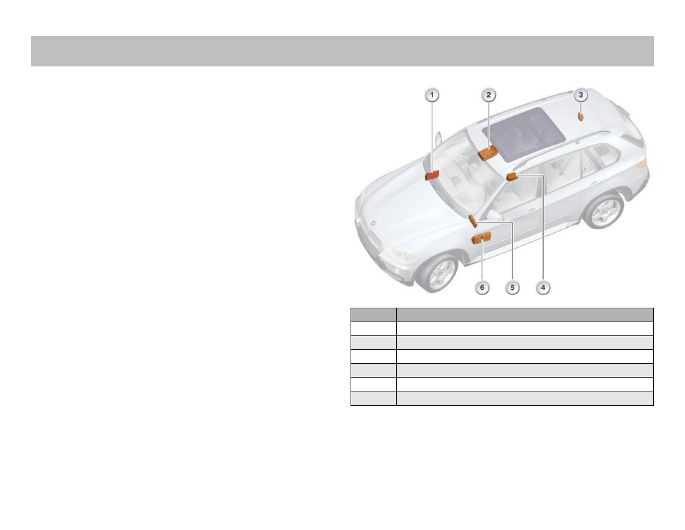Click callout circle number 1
click(432, 95)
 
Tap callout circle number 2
click(488, 95)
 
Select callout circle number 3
click(581, 95)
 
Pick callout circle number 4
click(543, 288)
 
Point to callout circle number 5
click(513, 288)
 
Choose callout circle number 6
click(482, 288)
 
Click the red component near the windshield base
click(432, 176)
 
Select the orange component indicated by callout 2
click(488, 153)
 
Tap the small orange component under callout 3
click(581, 116)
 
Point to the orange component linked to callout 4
click(511, 176)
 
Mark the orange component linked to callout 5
click(473, 221)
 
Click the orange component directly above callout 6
click(481, 238)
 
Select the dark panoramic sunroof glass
click(524, 133)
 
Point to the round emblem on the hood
click(374, 223)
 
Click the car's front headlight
click(402, 255)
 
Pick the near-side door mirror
click(495, 215)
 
